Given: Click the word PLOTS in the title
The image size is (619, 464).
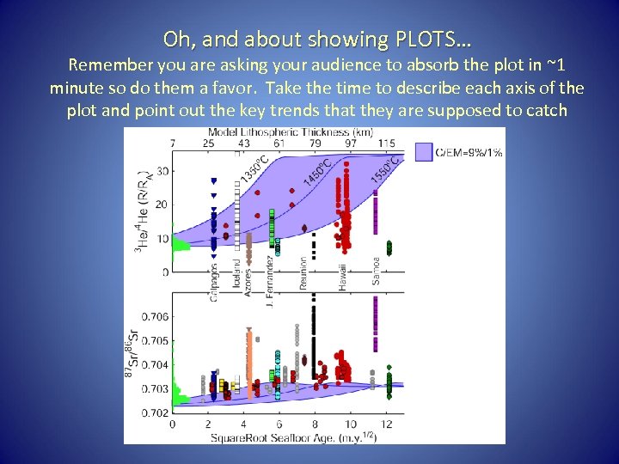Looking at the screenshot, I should click(x=426, y=40).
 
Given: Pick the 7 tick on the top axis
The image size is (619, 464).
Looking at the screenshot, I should click(x=173, y=142).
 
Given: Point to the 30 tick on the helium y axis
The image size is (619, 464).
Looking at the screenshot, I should click(x=162, y=171).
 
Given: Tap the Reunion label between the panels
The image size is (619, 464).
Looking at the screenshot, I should click(x=303, y=274).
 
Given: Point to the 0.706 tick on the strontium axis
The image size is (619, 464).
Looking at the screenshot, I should click(x=155, y=317).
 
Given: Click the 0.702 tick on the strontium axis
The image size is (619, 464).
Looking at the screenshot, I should click(x=155, y=413).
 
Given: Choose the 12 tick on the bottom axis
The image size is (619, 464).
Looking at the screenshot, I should click(x=388, y=424).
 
